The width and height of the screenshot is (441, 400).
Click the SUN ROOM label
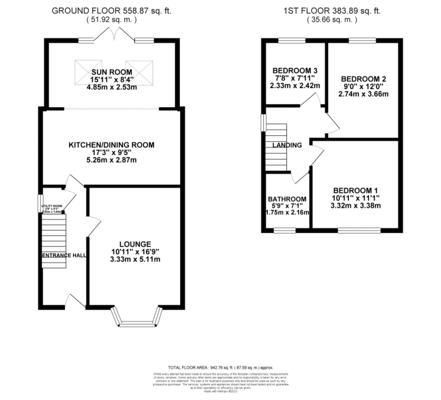112,72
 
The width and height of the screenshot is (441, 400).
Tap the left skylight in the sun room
88,72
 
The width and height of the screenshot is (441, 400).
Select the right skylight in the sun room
139,73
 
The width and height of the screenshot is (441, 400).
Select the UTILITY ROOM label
52,206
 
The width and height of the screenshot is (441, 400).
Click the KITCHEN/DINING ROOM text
111,145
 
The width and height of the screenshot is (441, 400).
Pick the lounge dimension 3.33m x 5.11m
135,259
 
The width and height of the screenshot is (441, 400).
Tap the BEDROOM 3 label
295,70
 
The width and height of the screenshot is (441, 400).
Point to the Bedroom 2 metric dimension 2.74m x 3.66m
363,94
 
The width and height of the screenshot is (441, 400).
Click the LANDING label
287,145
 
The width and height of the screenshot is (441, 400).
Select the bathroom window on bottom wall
285,230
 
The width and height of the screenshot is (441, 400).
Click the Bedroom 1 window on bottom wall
359,230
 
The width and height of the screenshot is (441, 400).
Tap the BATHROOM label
287,199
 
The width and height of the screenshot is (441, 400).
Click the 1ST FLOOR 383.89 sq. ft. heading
332,11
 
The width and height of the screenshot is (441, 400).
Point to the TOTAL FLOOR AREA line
220,368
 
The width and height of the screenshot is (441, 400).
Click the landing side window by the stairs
263,123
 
